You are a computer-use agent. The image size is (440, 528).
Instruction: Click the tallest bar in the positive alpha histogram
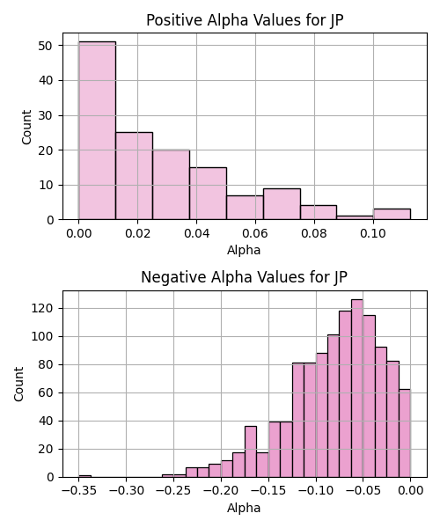tap(97, 130)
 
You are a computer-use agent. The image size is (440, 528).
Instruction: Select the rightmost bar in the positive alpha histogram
tap(392, 214)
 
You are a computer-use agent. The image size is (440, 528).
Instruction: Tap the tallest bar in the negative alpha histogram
tap(357, 388)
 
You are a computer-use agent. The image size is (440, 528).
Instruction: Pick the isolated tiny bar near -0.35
tap(84, 476)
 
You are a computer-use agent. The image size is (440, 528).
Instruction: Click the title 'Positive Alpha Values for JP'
tap(245, 20)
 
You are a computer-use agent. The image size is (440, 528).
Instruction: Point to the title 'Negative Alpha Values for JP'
tap(244, 277)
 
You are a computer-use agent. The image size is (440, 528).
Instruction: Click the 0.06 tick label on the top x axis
tap(255, 233)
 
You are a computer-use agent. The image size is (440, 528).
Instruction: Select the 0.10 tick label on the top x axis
tap(373, 233)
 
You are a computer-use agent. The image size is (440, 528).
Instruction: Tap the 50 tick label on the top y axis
tap(46, 46)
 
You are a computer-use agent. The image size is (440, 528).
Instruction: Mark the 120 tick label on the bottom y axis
tap(42, 309)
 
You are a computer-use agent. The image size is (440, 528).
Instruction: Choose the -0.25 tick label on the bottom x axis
tap(173, 491)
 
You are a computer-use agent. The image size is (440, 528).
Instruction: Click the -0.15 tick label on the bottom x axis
tap(268, 491)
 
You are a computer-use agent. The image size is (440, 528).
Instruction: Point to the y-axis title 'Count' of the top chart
tap(26, 127)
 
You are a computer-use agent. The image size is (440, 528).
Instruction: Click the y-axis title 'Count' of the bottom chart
tap(18, 384)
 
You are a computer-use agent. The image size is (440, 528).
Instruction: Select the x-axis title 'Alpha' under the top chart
tap(244, 250)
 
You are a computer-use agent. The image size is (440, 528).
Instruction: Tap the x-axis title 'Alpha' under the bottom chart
tap(244, 508)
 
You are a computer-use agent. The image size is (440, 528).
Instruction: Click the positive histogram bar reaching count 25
tap(134, 176)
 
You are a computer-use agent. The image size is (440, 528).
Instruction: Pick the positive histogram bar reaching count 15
tap(208, 194)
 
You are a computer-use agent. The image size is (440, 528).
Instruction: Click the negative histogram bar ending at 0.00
tap(405, 433)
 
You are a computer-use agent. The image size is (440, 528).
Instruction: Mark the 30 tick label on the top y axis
tap(46, 115)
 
